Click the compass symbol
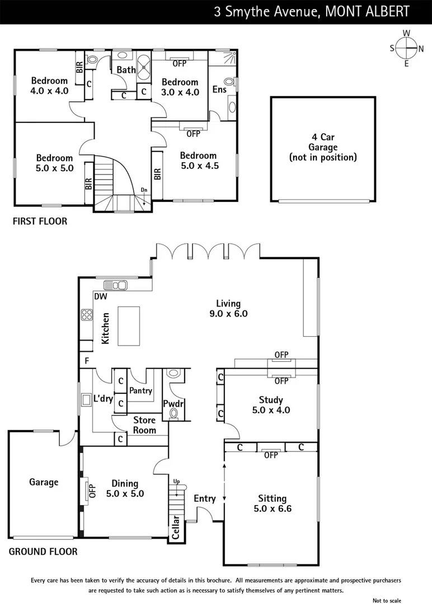pyautogui.click(x=407, y=48)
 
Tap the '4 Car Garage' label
pyautogui.click(x=323, y=147)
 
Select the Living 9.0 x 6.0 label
pyautogui.click(x=229, y=308)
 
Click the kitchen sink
pyautogui.click(x=119, y=285)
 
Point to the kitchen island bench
pyautogui.click(x=129, y=326)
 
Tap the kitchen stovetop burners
pyautogui.click(x=87, y=315)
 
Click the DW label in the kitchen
pyautogui.click(x=101, y=296)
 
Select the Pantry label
pyautogui.click(x=140, y=390)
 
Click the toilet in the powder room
pyautogui.click(x=175, y=413)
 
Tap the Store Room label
pyautogui.click(x=144, y=424)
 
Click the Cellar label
pyautogui.click(x=175, y=527)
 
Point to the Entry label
pyautogui.click(x=205, y=498)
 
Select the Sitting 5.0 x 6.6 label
pyautogui.click(x=272, y=503)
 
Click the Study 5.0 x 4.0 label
pyautogui.click(x=271, y=405)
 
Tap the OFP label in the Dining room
pyautogui.click(x=93, y=490)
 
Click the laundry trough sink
pyautogui.click(x=87, y=399)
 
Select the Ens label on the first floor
pyautogui.click(x=219, y=89)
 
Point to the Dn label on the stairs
pyautogui.click(x=144, y=191)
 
